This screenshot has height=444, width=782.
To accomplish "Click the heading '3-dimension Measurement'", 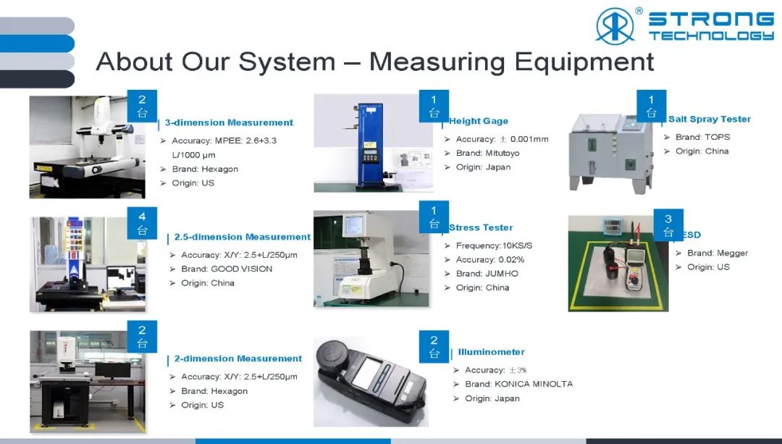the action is coord(229,122).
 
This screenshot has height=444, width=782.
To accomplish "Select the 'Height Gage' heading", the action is coord(479,121).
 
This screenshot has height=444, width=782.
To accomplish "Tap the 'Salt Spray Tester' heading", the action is coord(709,120).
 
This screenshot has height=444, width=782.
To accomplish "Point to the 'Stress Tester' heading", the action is coord(481,227).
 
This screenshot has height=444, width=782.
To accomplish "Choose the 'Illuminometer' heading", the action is coord(491,352).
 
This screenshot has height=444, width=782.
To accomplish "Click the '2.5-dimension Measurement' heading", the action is coord(243,237).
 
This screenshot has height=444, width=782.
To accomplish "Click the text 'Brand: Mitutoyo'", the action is coord(488,153).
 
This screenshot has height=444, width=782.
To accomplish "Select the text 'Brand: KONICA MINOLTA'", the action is coord(518,384).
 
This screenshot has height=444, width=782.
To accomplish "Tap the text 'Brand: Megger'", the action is coord(718,253).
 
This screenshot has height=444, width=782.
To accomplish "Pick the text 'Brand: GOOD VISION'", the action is coord(227,269).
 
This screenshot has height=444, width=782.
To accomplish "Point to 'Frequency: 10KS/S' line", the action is coord(495,246).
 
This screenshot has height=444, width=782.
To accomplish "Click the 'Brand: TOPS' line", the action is coord(702,137).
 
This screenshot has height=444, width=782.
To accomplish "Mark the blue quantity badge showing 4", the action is coord(142,223).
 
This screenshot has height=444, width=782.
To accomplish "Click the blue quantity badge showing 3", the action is coord(668,225).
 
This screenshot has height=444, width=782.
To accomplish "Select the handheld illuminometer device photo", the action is coord(371,382).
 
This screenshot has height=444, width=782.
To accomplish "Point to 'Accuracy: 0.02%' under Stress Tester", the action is coord(489,260).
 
